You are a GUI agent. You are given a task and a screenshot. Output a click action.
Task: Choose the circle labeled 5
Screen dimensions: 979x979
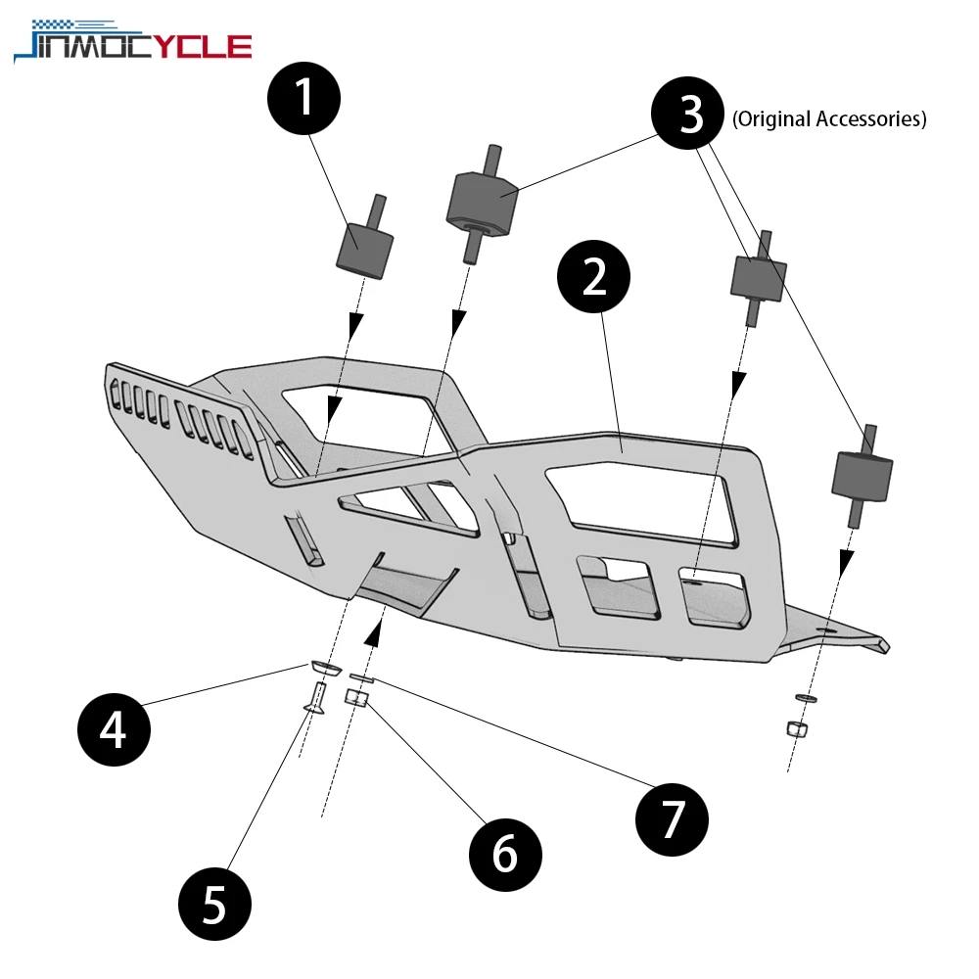pyautogui.click(x=215, y=904)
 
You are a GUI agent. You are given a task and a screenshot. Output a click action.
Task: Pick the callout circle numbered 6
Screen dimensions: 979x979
pyautogui.click(x=505, y=854)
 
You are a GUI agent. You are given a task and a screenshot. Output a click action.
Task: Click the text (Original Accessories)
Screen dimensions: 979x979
pyautogui.click(x=828, y=119)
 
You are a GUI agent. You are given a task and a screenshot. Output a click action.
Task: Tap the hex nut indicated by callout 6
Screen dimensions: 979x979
pyautogui.click(x=357, y=698)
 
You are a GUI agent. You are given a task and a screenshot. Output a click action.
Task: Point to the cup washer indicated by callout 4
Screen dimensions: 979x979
pyautogui.click(x=324, y=668)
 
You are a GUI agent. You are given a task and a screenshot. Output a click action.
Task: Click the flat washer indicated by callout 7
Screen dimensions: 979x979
pyautogui.click(x=360, y=677)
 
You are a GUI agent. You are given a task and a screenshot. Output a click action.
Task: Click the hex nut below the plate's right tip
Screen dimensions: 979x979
pyautogui.click(x=797, y=728)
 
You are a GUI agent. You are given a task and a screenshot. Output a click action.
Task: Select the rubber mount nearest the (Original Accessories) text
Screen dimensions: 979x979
pyautogui.click(x=759, y=277)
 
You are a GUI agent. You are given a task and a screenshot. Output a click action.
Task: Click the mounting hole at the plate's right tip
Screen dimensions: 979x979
pyautogui.click(x=831, y=631)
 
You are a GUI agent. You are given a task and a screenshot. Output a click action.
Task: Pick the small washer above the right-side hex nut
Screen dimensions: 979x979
pyautogui.click(x=804, y=698)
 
